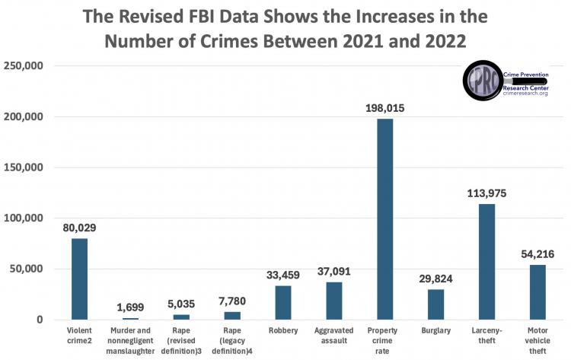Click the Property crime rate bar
[x=384, y=219]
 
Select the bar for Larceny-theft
[x=486, y=262]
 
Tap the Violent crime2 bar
[x=79, y=279]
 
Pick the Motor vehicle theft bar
[x=538, y=292]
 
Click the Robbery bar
[x=283, y=302]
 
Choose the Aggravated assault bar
[x=334, y=301]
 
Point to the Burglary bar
[x=435, y=304]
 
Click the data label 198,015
[x=384, y=109]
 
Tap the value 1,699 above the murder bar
[x=130, y=308]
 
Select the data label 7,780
[x=232, y=302]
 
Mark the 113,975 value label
[x=486, y=194]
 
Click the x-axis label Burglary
[x=435, y=331]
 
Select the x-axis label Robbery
[x=283, y=331]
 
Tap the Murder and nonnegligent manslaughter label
[x=130, y=336]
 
